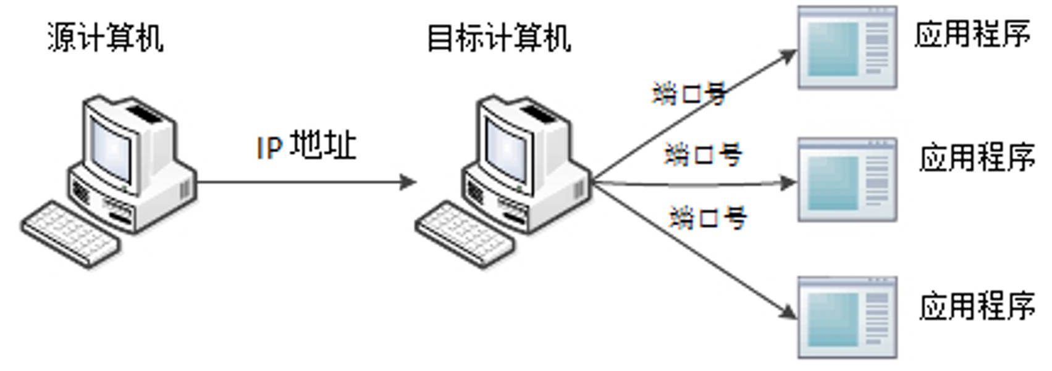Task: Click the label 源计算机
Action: [x=105, y=38]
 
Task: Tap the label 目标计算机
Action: [x=499, y=38]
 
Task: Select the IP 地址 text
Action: [x=306, y=146]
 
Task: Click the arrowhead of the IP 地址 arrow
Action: [x=409, y=182]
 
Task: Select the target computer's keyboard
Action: [x=465, y=234]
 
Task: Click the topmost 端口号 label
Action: [x=689, y=94]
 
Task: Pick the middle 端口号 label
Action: [x=703, y=154]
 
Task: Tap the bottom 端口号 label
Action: [x=708, y=217]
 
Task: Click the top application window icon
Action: [x=847, y=48]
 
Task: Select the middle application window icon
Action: [x=847, y=180]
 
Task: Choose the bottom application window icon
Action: [x=847, y=317]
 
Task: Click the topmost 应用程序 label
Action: [x=972, y=34]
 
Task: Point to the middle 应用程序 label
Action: [x=977, y=158]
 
